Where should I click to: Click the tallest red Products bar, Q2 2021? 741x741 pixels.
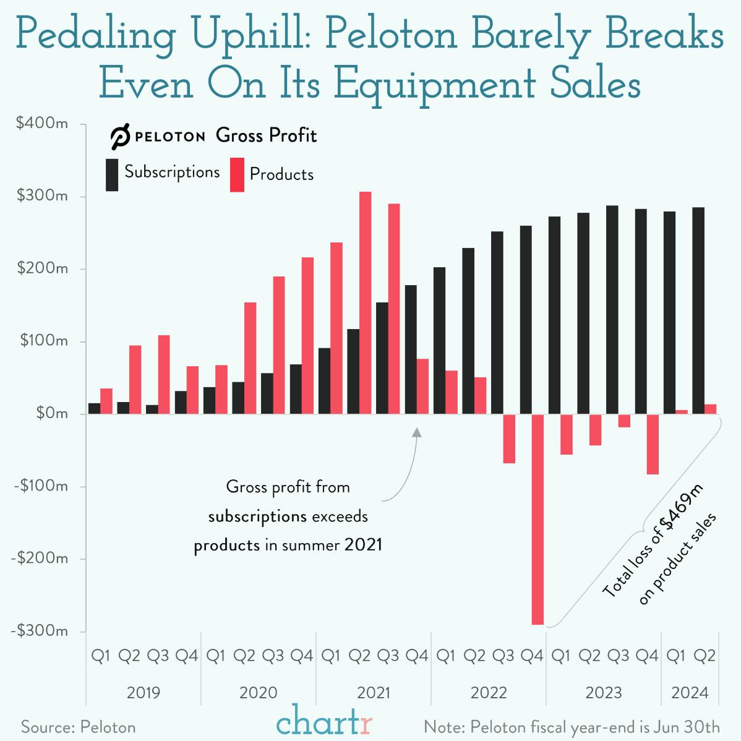click(x=366, y=303)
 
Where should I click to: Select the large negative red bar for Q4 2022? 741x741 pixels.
click(x=538, y=520)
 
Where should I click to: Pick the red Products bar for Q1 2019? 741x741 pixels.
click(x=106, y=401)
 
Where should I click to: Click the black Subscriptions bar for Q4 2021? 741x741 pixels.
click(x=411, y=349)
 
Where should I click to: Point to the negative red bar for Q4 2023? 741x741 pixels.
click(x=653, y=444)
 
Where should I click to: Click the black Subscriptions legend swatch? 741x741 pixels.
click(x=112, y=174)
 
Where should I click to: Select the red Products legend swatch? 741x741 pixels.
click(x=237, y=175)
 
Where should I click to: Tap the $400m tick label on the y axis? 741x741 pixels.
click(x=42, y=123)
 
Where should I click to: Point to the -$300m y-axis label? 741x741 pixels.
click(x=40, y=631)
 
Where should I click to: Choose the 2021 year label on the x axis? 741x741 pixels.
click(x=374, y=693)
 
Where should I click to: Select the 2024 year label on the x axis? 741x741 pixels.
click(x=690, y=693)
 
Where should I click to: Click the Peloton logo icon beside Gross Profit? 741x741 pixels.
click(x=120, y=137)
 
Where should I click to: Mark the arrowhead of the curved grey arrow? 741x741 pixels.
click(x=417, y=432)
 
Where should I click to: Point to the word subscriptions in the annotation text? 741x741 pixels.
click(x=257, y=516)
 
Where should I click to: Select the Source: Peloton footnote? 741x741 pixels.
click(x=79, y=727)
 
